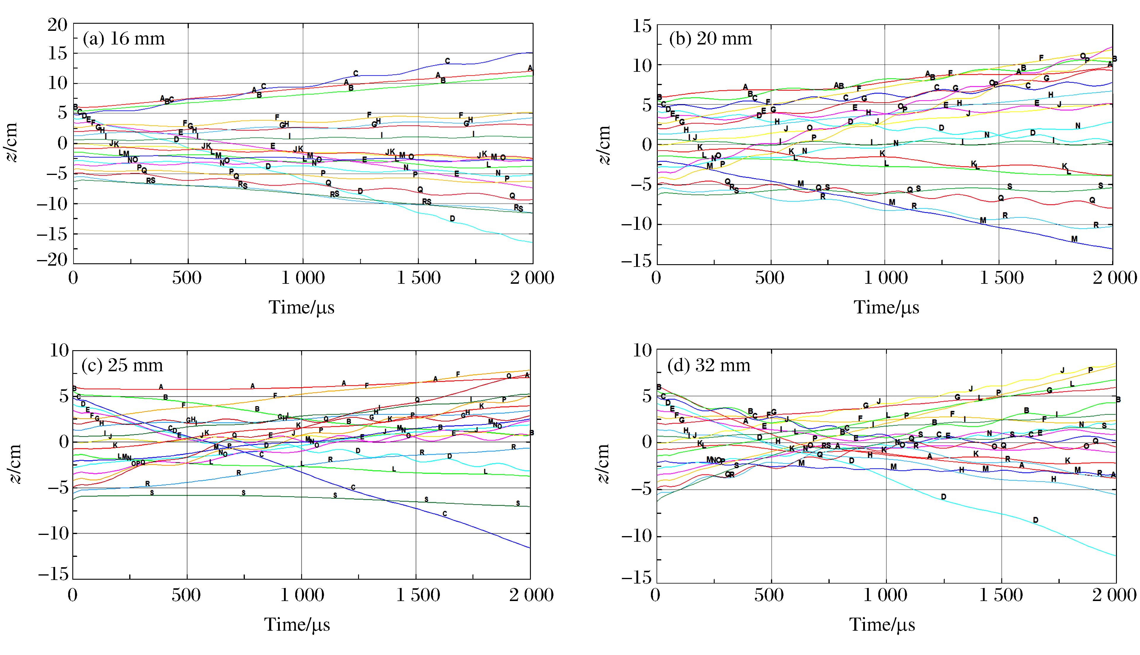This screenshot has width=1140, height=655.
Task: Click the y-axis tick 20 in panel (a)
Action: (57, 25)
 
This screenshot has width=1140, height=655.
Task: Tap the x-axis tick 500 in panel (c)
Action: (186, 595)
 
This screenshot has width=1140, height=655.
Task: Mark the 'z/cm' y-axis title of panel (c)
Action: (16, 463)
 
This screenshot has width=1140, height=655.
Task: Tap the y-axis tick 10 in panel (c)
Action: (59, 350)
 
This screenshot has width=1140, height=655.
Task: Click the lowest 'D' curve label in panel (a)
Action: (452, 219)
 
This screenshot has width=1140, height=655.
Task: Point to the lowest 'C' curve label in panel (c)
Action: (445, 514)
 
